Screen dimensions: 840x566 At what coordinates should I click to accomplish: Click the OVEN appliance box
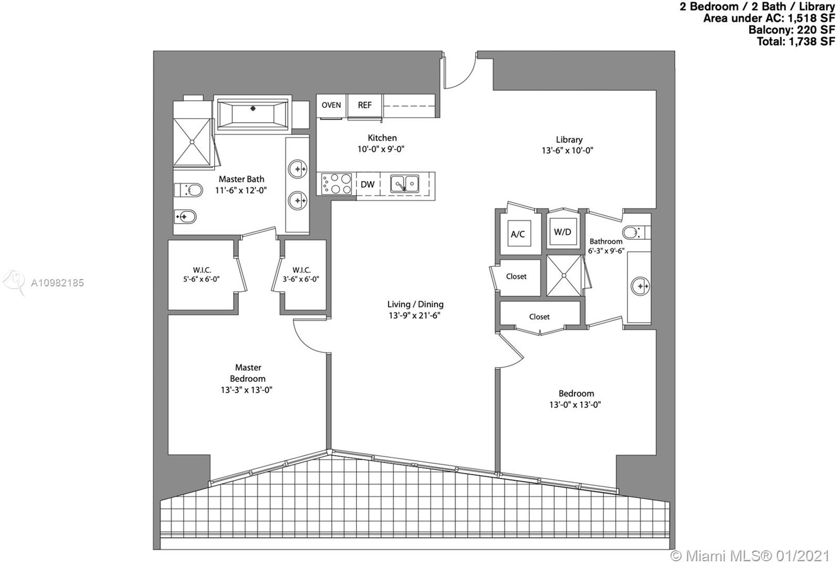tap(331, 105)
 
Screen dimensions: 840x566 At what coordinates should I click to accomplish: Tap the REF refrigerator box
tap(364, 105)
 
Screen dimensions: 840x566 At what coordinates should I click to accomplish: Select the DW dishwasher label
tap(367, 184)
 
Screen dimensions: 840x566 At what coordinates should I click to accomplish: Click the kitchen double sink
tap(405, 184)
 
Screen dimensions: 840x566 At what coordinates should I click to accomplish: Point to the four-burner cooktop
tap(337, 184)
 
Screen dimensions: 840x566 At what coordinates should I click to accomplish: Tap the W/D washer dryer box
tap(563, 231)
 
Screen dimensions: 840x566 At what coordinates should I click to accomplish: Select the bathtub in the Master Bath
tap(253, 113)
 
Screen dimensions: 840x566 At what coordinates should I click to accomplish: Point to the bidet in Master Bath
tap(185, 217)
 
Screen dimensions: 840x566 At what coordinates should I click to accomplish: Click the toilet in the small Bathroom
tap(636, 232)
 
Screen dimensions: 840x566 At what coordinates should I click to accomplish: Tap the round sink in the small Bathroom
tap(640, 286)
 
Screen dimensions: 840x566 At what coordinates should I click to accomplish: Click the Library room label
tap(569, 140)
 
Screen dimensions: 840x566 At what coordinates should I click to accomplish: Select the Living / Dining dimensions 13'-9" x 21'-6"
tap(414, 315)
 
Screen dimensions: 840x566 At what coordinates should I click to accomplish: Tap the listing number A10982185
tap(57, 283)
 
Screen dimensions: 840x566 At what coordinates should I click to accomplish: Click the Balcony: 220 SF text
tap(792, 29)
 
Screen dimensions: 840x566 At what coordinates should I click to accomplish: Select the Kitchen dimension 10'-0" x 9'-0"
tap(381, 149)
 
